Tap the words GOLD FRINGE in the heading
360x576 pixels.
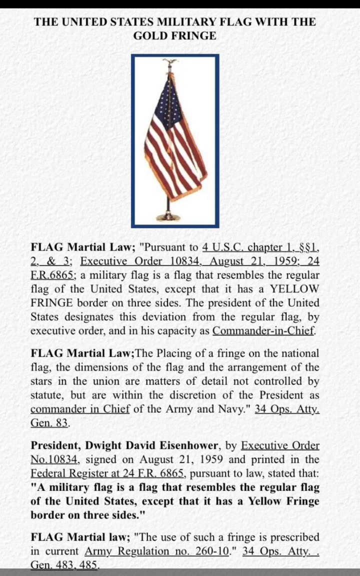click(175, 36)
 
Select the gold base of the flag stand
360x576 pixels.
click(168, 216)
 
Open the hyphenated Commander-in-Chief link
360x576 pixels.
click(264, 331)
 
